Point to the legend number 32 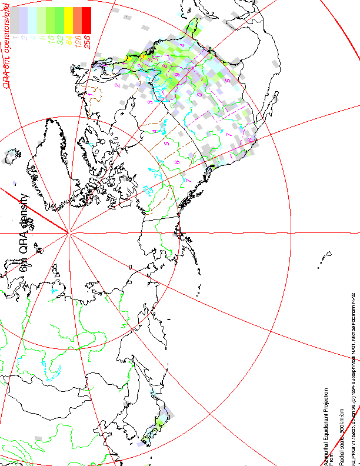tap(59, 41)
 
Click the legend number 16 tap(50, 41)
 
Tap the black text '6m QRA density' tap(24, 232)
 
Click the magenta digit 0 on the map tap(199, 94)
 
